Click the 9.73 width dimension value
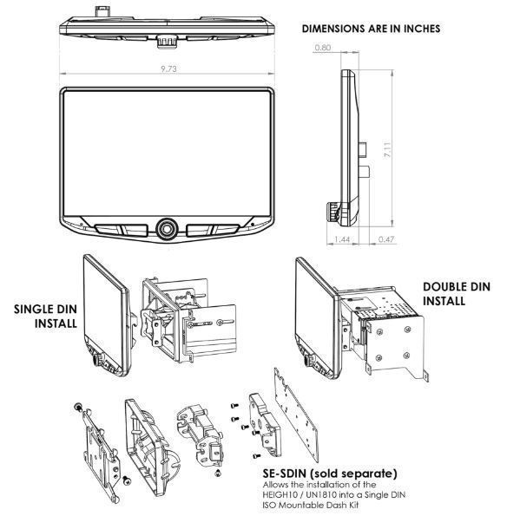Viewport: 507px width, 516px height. click(x=168, y=69)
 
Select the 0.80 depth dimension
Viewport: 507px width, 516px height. click(x=322, y=48)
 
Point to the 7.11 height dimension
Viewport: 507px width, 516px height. click(x=387, y=149)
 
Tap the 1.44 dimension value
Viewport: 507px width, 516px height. click(x=342, y=239)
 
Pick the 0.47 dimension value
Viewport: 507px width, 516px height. click(x=386, y=239)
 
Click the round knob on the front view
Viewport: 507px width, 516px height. click(x=168, y=228)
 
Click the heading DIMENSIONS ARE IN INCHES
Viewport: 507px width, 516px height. click(x=371, y=29)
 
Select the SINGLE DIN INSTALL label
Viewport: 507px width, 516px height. click(x=45, y=316)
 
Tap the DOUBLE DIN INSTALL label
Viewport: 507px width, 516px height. click(x=457, y=293)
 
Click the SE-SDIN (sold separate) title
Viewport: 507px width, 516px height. click(x=330, y=474)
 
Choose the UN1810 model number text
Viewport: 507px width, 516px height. click(x=321, y=494)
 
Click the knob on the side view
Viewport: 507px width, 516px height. click(x=333, y=212)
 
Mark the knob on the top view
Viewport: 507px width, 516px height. click(x=168, y=42)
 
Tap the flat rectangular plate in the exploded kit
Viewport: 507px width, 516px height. click(x=296, y=415)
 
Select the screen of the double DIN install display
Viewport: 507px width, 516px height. click(x=314, y=312)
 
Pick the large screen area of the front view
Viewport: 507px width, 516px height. click(x=167, y=153)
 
